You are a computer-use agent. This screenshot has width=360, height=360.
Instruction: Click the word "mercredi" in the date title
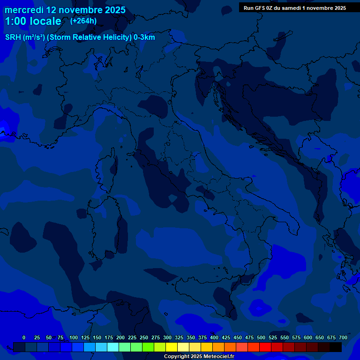point(24,10)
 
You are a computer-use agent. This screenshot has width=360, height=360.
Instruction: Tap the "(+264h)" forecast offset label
point(83,21)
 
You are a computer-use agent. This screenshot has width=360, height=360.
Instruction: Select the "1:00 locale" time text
point(33,22)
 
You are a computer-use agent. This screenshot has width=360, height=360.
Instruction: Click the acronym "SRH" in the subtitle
point(13,37)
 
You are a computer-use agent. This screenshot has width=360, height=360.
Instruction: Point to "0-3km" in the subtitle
point(144,37)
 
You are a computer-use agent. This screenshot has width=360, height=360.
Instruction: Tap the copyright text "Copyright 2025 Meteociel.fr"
point(199,357)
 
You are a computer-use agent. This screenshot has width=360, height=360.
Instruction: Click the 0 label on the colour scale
point(24,337)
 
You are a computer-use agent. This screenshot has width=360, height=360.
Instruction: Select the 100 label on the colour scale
point(74,337)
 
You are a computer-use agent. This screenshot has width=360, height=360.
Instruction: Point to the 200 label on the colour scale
point(120,337)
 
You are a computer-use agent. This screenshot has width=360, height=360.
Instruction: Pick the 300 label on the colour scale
point(167,337)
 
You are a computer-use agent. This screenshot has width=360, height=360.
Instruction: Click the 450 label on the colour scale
point(238,337)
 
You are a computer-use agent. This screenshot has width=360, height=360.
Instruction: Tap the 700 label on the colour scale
point(343,337)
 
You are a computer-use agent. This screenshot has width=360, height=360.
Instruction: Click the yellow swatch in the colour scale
point(172,347)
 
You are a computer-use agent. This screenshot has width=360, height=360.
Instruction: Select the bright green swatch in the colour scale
point(148,347)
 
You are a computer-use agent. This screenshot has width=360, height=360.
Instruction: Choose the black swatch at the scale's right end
point(336,347)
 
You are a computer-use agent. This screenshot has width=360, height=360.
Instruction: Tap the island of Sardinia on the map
point(107,230)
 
